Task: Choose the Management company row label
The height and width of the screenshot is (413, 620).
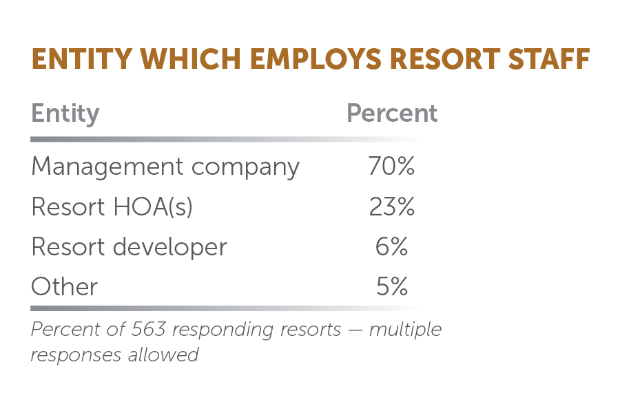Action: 165,167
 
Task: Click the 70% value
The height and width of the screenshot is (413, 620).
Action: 391,167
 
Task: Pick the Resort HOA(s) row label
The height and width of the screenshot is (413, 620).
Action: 112,207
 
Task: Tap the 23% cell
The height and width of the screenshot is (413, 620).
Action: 391,207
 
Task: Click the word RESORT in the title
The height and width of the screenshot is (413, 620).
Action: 433,60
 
